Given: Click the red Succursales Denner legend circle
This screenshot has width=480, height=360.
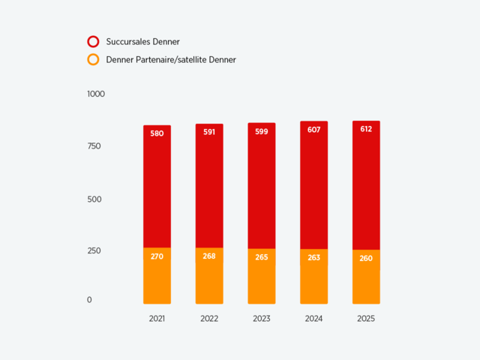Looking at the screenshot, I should click(94, 42).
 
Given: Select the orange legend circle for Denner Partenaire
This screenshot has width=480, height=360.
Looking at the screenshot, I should click(94, 60).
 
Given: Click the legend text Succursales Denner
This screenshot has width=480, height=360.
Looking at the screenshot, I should click(142, 42).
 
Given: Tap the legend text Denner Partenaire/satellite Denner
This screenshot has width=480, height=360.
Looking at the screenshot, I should click(171, 60).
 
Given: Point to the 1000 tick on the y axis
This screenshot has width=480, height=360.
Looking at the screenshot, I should click(96, 94).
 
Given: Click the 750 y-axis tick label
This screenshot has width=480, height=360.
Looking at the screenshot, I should click(94, 146).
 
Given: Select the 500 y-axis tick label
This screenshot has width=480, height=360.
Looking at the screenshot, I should click(94, 199).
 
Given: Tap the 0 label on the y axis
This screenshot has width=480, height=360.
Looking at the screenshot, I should click(89, 300).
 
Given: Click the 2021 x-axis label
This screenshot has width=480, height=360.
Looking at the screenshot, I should click(157, 319).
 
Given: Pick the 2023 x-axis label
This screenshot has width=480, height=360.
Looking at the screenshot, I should click(262, 319).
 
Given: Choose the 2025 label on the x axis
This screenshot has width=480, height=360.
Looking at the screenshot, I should click(366, 319).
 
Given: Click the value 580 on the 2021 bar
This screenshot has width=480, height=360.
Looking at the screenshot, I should click(157, 133).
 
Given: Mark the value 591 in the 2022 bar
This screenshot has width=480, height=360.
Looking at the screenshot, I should click(209, 133).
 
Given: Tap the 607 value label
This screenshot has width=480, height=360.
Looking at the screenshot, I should click(313, 130).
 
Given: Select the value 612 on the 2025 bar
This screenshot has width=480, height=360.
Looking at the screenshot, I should click(366, 129).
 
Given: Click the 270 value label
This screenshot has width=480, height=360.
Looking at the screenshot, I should click(157, 256).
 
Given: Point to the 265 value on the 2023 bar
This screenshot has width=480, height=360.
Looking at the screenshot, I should click(262, 257).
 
